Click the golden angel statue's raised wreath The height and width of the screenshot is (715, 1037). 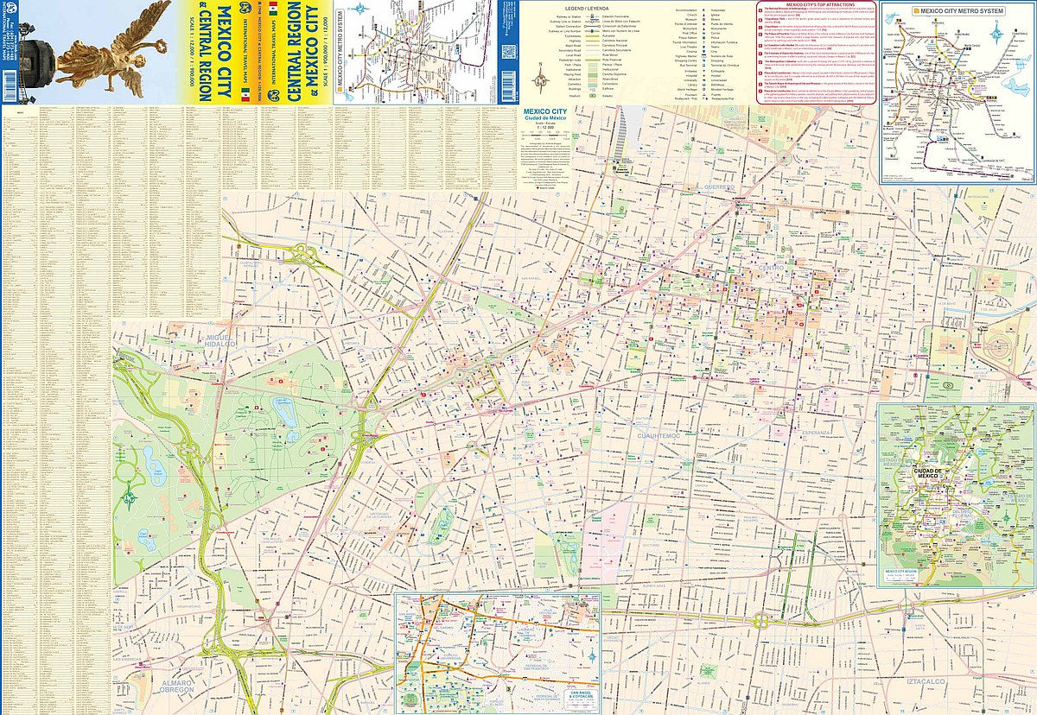click(x=164, y=9)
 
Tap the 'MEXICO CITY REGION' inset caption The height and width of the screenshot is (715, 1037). click(x=904, y=572)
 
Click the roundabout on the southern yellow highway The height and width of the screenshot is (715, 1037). click(x=763, y=620)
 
